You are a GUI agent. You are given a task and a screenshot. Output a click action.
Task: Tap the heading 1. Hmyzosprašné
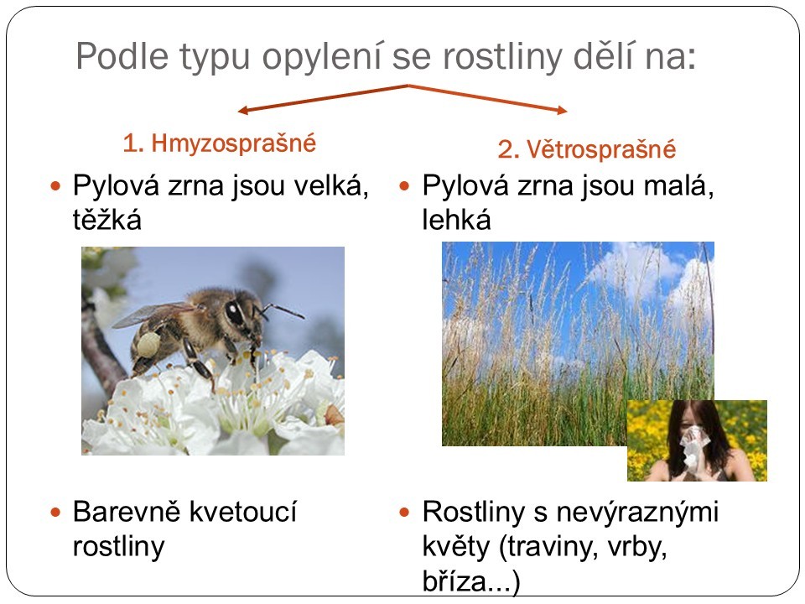pos(219,143)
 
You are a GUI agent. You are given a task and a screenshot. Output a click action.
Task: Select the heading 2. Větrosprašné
pos(586,149)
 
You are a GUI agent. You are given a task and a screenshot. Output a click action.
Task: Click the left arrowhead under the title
pos(243,110)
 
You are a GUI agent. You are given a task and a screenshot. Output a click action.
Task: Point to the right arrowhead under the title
pos(562,109)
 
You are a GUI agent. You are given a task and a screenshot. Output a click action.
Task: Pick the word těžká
pos(106,220)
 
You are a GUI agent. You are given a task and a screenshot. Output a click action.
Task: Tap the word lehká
pos(456,220)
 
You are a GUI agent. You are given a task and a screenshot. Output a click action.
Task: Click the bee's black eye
pos(234,313)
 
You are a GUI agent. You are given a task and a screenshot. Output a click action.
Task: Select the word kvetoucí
pos(243,512)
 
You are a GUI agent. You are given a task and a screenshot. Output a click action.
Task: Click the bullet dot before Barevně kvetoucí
pos(55,512)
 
